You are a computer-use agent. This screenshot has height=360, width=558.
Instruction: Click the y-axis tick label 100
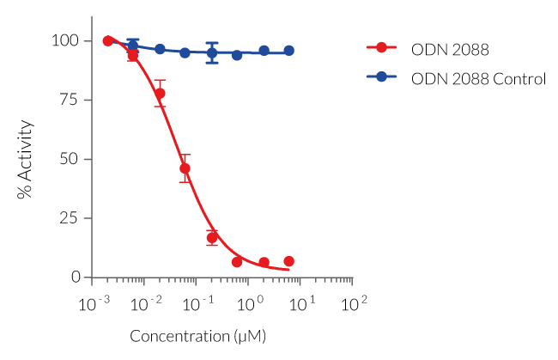pyautogui.click(x=66, y=41)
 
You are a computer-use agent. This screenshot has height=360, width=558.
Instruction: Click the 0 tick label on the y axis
pyautogui.click(x=75, y=278)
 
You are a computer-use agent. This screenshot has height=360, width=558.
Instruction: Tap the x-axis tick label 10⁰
pyautogui.click(x=250, y=305)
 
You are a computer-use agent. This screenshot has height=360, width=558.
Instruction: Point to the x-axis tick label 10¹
pyautogui.click(x=302, y=305)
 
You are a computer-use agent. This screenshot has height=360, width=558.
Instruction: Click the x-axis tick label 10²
pyautogui.click(x=354, y=305)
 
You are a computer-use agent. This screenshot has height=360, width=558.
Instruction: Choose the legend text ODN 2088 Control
pyautogui.click(x=478, y=78)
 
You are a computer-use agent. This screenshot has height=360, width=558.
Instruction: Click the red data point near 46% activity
pyautogui.click(x=185, y=168)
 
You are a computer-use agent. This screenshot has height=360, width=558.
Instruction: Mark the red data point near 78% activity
pyautogui.click(x=160, y=93)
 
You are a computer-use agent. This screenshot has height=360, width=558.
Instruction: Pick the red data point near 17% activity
pyautogui.click(x=212, y=237)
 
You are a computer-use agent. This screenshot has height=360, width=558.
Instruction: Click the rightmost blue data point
pyautogui.click(x=289, y=51)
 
